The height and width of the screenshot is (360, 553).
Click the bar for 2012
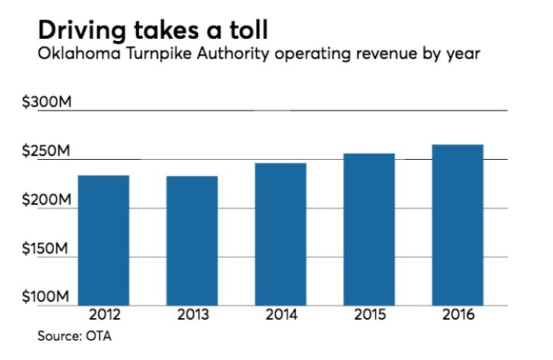pyautogui.click(x=103, y=240)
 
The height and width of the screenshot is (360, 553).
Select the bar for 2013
pyautogui.click(x=192, y=240)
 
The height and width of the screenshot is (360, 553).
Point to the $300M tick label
pyautogui.click(x=46, y=103)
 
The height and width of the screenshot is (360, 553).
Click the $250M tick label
pyautogui.click(x=46, y=152)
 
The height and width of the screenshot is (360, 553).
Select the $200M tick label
pyautogui.click(x=46, y=202)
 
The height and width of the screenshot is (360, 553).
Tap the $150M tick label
pyautogui.click(x=46, y=249)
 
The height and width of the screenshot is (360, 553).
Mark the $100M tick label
pyautogui.click(x=46, y=298)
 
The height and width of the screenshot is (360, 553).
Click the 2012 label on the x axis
pyautogui.click(x=103, y=314)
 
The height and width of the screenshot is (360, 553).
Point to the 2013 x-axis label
pyautogui.click(x=192, y=314)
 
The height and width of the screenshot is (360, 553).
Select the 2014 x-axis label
pyautogui.click(x=280, y=314)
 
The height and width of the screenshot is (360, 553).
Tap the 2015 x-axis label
pyautogui.click(x=368, y=314)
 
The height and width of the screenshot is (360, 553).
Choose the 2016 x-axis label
pyautogui.click(x=457, y=314)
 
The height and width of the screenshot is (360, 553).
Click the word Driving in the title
pyautogui.click(x=86, y=31)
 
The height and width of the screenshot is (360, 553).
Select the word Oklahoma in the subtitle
pyautogui.click(x=73, y=57)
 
